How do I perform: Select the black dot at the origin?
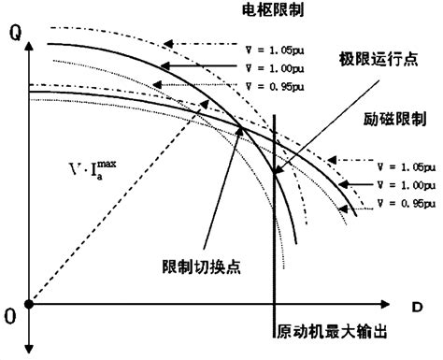point(29,304)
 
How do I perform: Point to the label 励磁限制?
point(385,122)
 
